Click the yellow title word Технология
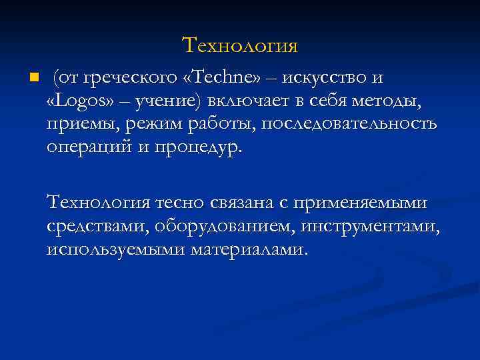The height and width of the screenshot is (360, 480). [239, 45]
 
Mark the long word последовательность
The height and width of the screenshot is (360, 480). [349, 124]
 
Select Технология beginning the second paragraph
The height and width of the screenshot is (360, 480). [99, 201]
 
